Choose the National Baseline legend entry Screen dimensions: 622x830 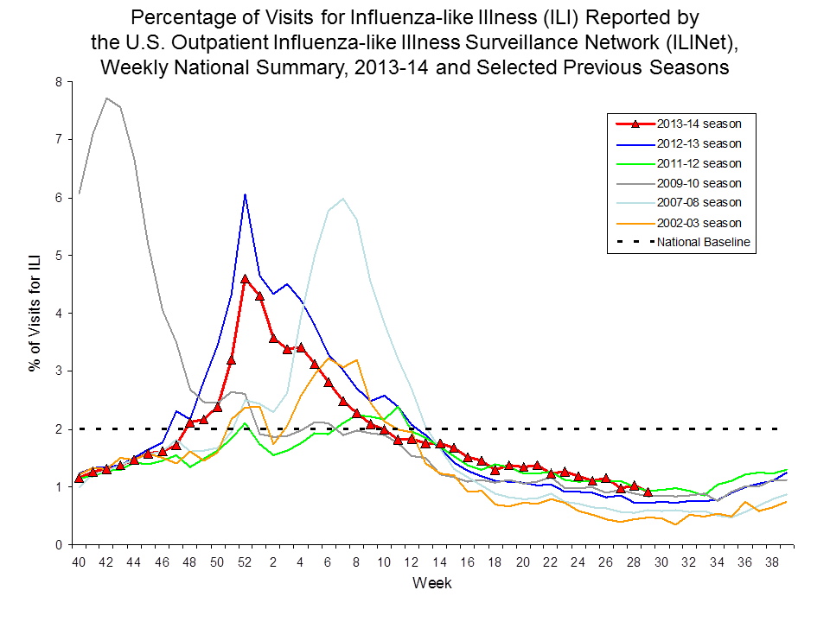703,243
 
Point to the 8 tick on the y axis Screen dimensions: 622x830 58,82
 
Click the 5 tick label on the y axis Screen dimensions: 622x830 58,256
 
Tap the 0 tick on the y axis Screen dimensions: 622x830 58,545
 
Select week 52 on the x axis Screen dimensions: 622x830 245,562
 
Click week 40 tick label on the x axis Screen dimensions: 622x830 80,562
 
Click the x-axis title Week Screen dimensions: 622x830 431,583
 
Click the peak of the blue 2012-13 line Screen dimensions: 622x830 246,194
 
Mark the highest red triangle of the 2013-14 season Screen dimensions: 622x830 246,279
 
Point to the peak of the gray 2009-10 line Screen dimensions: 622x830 106,98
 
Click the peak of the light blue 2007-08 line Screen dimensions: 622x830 343,199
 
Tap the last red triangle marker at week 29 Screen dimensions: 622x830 647,492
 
